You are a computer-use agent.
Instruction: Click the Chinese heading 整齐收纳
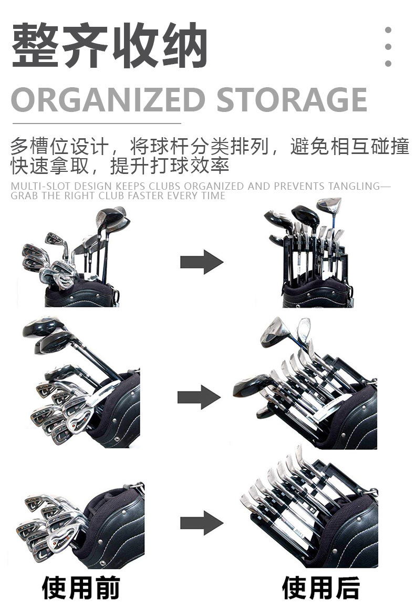click(109, 47)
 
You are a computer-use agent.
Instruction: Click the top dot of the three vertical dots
click(388, 30)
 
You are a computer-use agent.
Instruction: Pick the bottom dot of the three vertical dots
click(388, 64)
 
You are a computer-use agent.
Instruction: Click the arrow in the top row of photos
click(201, 261)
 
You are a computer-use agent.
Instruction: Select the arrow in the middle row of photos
click(199, 397)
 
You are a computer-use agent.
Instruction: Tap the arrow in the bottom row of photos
click(201, 522)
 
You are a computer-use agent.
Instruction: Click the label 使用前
click(81, 587)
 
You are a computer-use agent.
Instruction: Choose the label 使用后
click(320, 587)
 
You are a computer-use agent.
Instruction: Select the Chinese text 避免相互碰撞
click(349, 146)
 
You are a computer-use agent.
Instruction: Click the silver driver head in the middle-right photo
click(274, 330)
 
